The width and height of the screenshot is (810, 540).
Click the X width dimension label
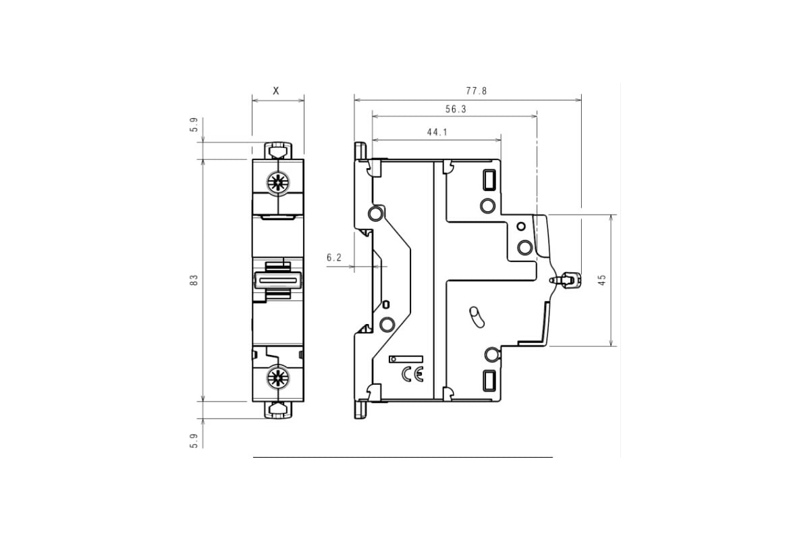(275, 90)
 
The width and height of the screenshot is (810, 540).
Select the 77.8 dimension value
(477, 90)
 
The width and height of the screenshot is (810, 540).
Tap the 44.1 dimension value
(437, 132)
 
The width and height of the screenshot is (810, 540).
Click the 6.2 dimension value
(334, 257)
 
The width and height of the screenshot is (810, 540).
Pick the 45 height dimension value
(602, 279)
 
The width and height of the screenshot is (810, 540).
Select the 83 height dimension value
(194, 279)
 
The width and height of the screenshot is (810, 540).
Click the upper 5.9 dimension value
(194, 125)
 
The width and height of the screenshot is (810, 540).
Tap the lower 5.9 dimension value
(194, 440)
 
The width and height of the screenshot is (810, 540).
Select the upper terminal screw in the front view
(277, 181)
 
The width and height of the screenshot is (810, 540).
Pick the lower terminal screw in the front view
(277, 377)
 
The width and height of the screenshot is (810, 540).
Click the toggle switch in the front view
(277, 279)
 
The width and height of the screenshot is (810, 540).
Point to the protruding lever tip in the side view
(570, 279)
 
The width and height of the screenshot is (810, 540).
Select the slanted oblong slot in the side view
(476, 317)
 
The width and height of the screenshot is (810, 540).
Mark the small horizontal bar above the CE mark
(405, 359)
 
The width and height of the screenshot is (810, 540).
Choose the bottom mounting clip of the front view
(277, 409)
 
